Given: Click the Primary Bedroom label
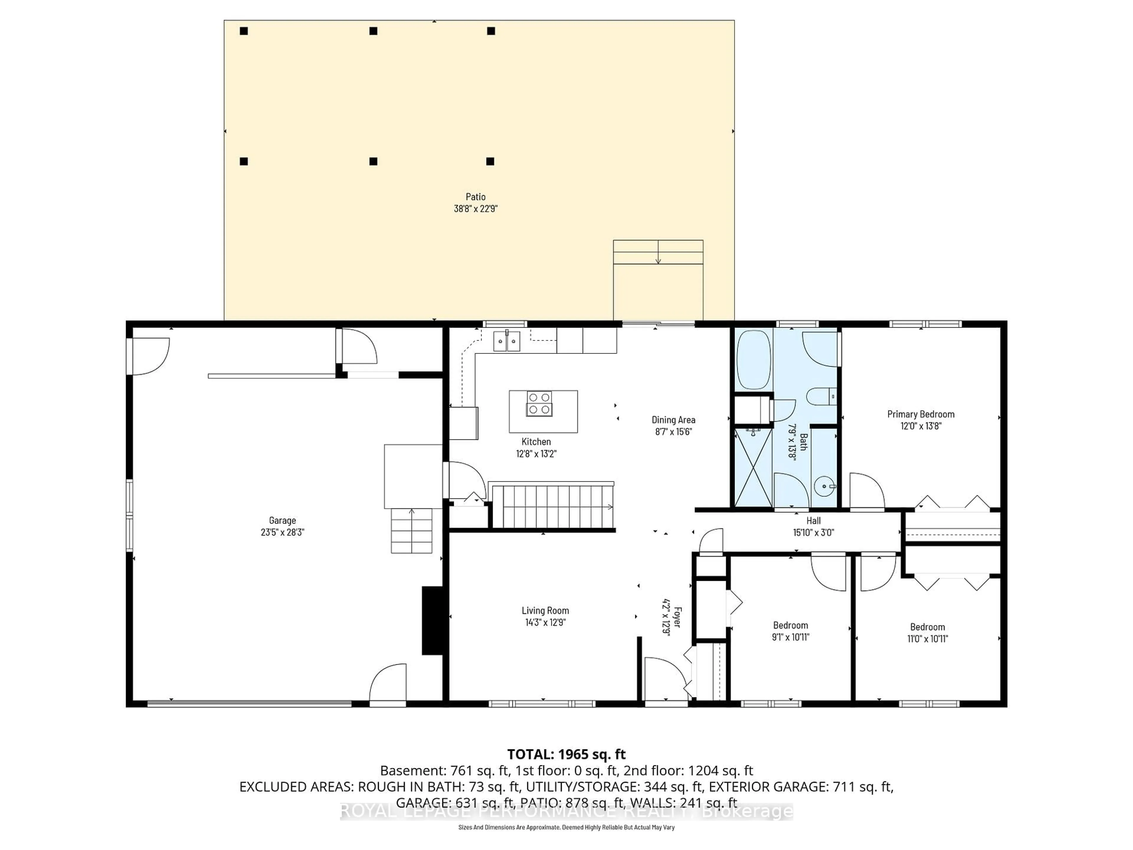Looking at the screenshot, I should [x=921, y=414].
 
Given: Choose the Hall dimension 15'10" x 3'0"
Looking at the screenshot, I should [x=813, y=532].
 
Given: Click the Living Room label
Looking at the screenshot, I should [x=545, y=610].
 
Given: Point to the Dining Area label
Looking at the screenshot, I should [x=673, y=420].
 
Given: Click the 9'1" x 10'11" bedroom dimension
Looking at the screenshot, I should [x=790, y=637].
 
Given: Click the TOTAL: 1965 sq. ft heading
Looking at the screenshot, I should [x=566, y=754].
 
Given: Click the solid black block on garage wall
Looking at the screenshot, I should [x=432, y=620].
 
